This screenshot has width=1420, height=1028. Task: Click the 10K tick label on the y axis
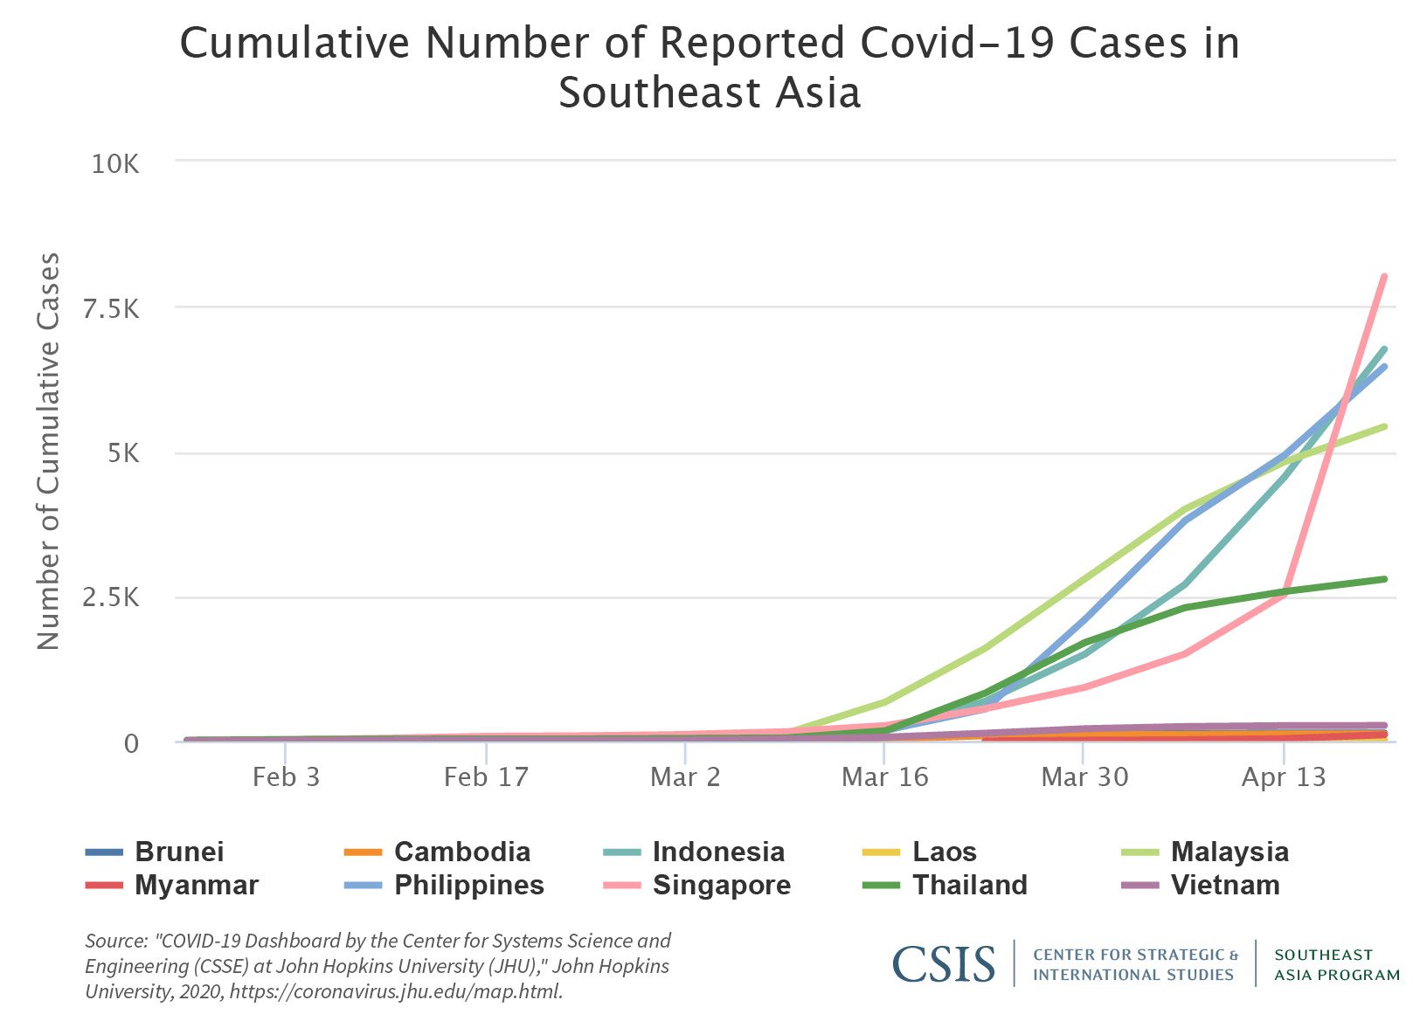coord(115,164)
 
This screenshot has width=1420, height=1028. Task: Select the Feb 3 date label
coord(286,776)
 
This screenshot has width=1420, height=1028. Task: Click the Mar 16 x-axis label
coord(884,776)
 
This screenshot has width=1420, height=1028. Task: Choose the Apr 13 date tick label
coord(1283,776)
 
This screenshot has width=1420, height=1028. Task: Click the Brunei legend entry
coord(179,852)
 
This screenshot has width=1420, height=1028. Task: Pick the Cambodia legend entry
coord(461,852)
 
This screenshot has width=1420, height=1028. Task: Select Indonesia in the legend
coord(718,852)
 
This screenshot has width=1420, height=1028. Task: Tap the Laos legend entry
coord(944,852)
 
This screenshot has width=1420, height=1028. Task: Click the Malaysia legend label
coord(1230,852)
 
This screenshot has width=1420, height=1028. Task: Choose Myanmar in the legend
coord(197,885)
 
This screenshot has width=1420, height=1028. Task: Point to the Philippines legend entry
coord(468,885)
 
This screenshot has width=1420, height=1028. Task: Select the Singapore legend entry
coord(722,885)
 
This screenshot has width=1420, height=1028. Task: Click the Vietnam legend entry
coord(1225,885)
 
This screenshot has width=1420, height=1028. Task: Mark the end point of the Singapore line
coord(1384,277)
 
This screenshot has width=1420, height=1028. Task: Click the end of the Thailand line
coord(1384,579)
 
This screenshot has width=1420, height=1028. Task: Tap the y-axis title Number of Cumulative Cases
coord(49,451)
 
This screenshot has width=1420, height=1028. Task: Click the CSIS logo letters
coord(944,963)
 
